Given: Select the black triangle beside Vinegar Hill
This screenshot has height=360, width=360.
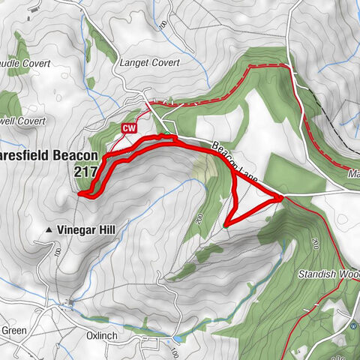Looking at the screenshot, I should pyautogui.click(x=49, y=229).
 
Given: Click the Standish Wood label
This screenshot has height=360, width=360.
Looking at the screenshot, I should pyautogui.click(x=330, y=274).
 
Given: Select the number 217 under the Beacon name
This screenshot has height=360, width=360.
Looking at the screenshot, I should pyautogui.click(x=85, y=172).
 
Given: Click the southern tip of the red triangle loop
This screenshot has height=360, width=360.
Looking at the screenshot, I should pyautogui.click(x=226, y=224).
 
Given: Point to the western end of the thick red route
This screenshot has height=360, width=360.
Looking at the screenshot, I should pyautogui.click(x=79, y=193).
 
